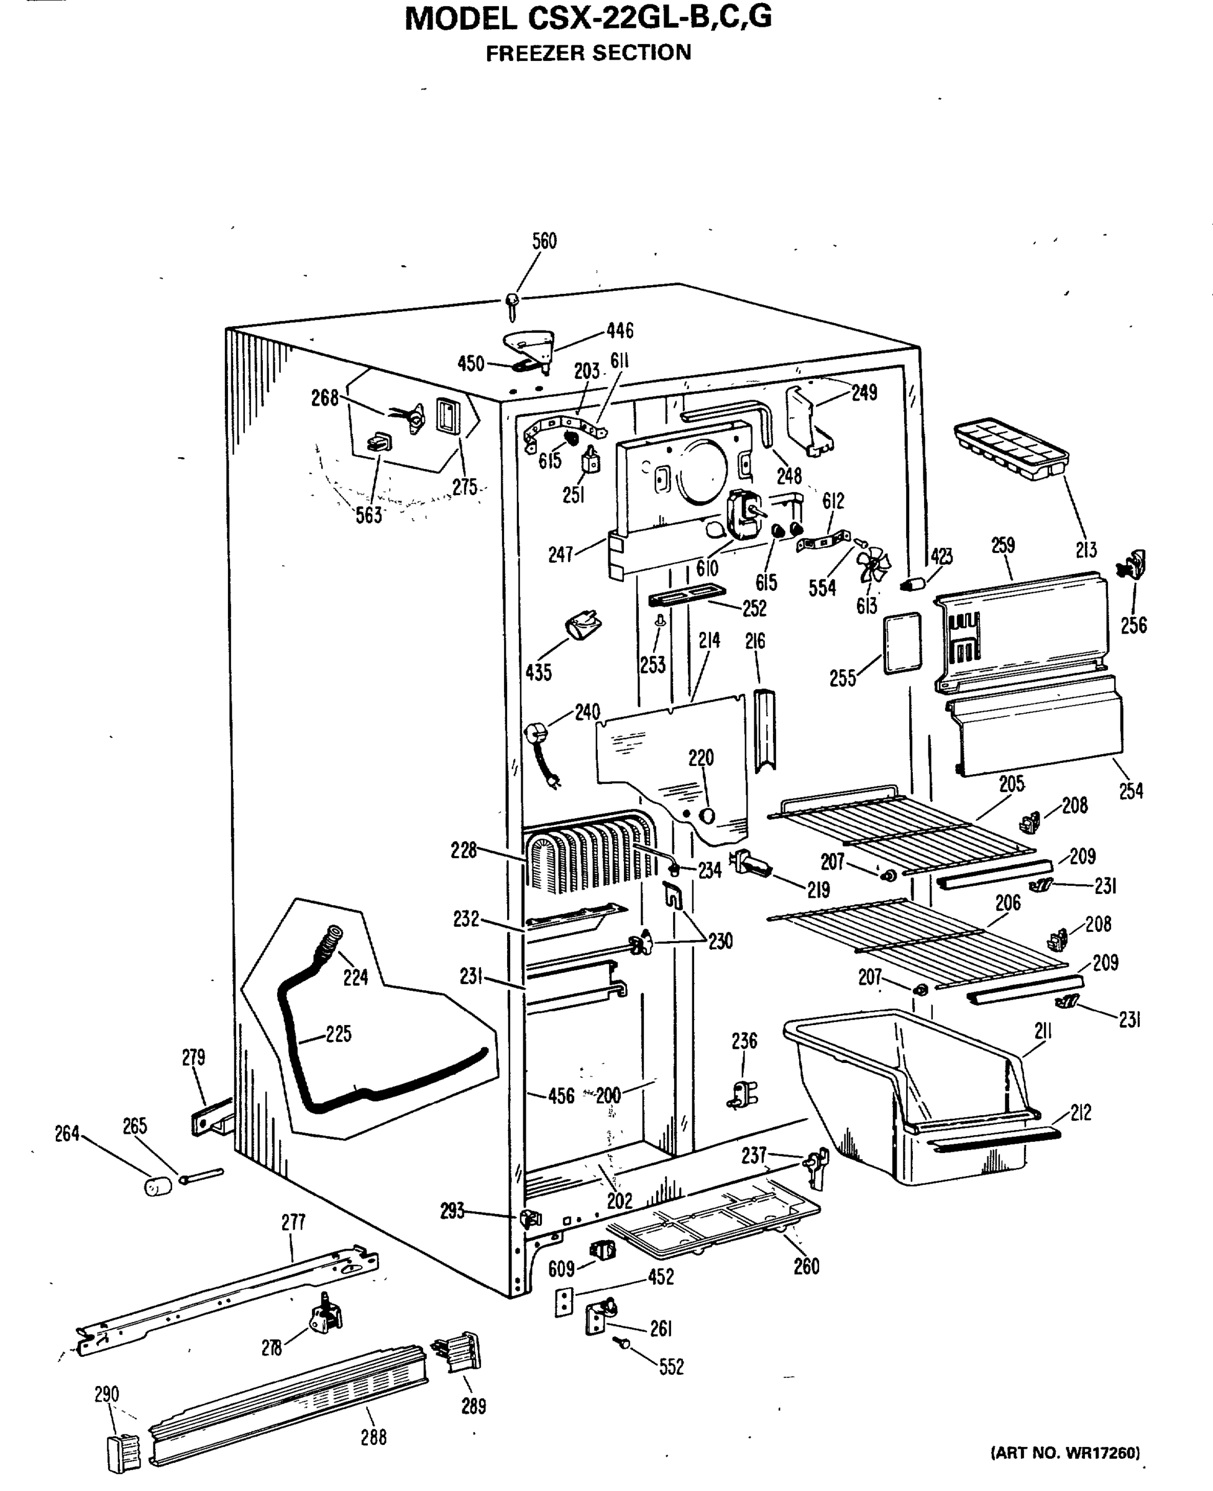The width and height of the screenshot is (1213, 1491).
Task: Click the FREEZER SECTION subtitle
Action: pyautogui.click(x=588, y=53)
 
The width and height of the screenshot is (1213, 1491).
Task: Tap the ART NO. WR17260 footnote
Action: pyautogui.click(x=1065, y=1453)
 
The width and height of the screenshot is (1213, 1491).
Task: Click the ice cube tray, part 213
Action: pyautogui.click(x=1011, y=449)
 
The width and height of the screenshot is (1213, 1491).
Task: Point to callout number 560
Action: pyautogui.click(x=544, y=242)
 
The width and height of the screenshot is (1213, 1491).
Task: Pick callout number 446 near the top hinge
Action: pyautogui.click(x=620, y=331)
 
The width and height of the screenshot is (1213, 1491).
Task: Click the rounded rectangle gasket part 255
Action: pyautogui.click(x=902, y=643)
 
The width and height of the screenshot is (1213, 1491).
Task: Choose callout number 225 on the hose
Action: pyautogui.click(x=339, y=1034)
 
